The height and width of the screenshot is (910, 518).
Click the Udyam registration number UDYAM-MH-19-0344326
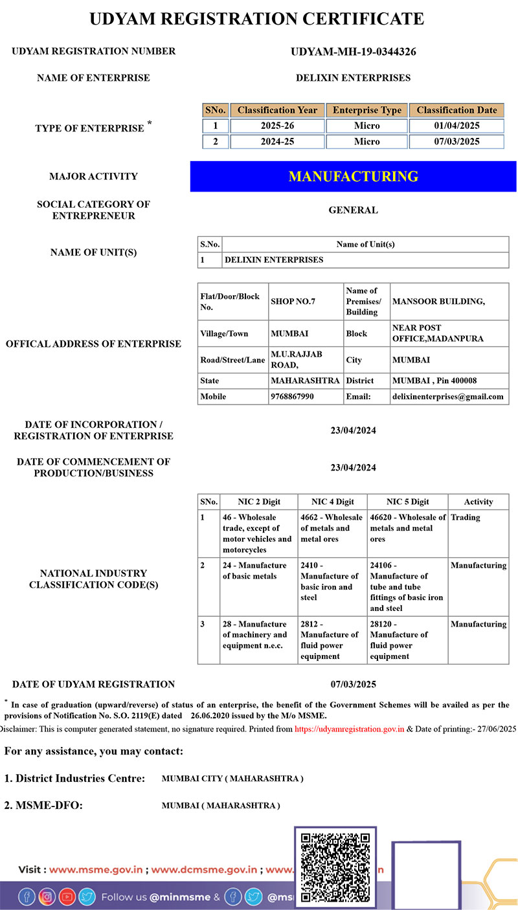(x=353, y=52)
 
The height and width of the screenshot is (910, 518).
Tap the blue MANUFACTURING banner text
(x=353, y=176)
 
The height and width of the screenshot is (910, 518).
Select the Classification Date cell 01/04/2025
(x=456, y=126)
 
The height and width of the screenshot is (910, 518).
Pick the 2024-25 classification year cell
(x=277, y=142)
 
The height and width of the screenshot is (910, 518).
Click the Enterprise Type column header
(x=366, y=110)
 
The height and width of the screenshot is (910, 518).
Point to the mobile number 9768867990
(x=293, y=396)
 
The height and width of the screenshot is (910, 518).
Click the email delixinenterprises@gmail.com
(x=447, y=396)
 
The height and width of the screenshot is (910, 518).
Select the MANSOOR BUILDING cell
(x=439, y=302)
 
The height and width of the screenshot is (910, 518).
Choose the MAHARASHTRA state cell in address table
(x=305, y=381)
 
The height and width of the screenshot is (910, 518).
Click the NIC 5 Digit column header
(x=408, y=502)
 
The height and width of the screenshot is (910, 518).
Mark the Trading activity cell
(x=466, y=518)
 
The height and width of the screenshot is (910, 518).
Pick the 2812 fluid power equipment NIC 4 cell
(x=332, y=639)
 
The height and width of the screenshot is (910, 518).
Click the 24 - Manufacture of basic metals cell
(x=254, y=571)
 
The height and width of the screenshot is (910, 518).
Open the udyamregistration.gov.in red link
(x=349, y=729)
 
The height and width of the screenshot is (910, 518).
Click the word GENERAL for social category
(x=353, y=210)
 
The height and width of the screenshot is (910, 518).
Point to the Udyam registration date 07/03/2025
(x=353, y=684)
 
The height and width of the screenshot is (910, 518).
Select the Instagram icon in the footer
(x=47, y=897)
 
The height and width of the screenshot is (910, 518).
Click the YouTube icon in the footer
(x=67, y=897)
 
